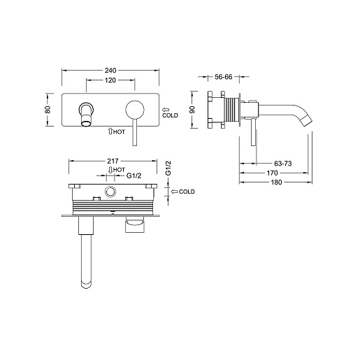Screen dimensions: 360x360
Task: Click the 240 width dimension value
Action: coord(110,70)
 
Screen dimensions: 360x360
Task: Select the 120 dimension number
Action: coord(110,80)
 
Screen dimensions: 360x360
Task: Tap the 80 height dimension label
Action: coord(48,110)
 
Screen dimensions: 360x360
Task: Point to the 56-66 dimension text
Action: coord(224,77)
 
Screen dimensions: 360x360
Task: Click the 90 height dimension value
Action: coord(192,110)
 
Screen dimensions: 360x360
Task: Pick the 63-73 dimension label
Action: coord(283,164)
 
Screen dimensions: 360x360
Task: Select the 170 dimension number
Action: coord(272,173)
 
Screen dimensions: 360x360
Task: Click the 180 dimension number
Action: coord(276,182)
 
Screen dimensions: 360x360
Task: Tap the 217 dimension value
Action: coord(113,161)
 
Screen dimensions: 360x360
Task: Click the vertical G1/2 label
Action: coord(168,168)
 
